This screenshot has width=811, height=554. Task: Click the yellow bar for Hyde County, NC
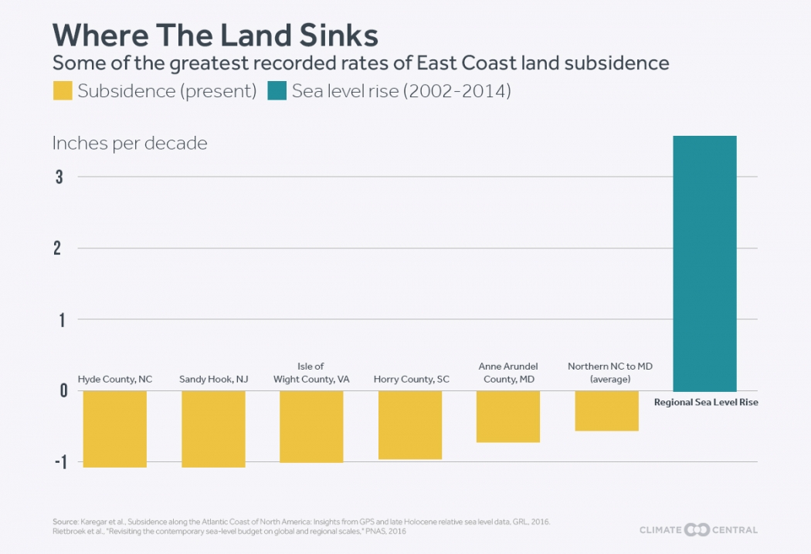coord(115,428)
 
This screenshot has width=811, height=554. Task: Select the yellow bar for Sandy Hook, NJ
coord(213,428)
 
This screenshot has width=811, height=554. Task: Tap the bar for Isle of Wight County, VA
coord(311,426)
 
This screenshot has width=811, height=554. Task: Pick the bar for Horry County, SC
coord(410,424)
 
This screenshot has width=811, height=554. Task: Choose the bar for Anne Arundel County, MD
coord(508,416)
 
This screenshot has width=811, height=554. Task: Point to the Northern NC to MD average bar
coord(606,410)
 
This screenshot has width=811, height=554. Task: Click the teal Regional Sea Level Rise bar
coord(704,263)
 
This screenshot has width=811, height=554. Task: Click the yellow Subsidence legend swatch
coord(62,91)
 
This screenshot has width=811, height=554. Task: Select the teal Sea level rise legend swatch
coord(277,91)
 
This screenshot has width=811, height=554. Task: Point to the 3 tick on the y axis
coord(59,177)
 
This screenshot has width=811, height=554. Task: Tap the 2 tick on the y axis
coord(59,248)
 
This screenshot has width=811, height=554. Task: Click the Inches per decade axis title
coord(130,143)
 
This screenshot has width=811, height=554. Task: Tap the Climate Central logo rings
coord(697,529)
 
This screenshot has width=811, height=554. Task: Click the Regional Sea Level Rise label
coord(706,402)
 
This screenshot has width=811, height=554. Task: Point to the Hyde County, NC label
coord(115,380)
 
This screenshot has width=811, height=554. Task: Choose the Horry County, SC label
coord(411,380)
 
